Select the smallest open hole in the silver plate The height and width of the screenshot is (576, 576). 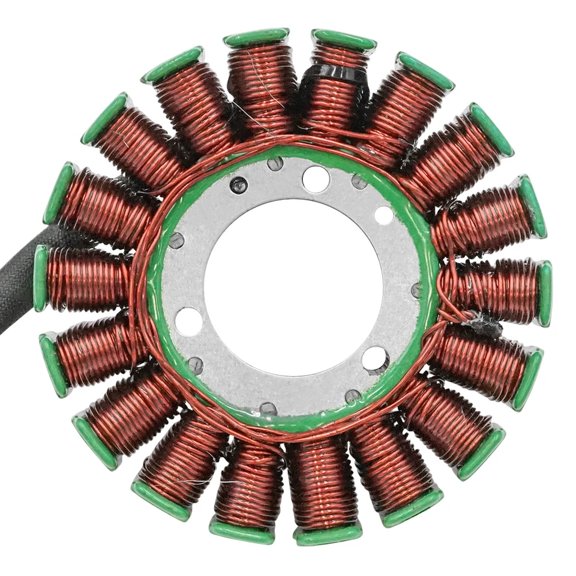pos(384,215)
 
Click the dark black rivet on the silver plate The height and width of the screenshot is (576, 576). pos(239,185)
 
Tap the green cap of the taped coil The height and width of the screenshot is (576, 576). pos(344,40)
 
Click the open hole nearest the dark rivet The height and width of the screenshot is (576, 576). pos(316,178)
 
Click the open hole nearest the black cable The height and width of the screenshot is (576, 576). pos(189,322)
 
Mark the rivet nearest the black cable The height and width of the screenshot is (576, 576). pos(176,241)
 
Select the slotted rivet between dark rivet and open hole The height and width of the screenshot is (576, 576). pos(275,164)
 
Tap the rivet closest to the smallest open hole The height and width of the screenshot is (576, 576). pos(359,181)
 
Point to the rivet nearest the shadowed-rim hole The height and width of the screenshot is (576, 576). pos(353,395)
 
